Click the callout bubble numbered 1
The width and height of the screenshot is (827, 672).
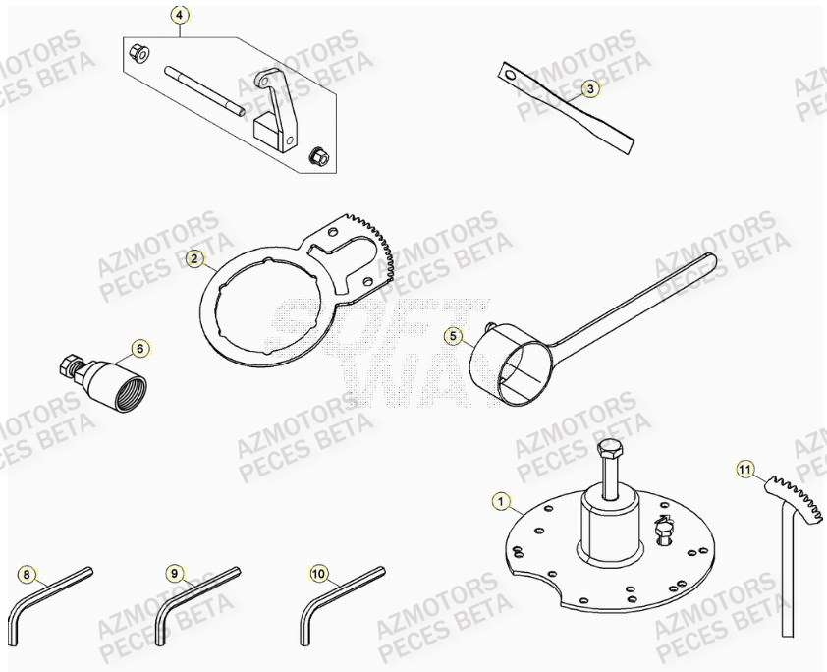pos(502,503)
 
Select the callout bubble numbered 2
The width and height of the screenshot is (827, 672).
pos(195,259)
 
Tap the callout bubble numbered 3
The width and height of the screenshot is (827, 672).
pos(589,89)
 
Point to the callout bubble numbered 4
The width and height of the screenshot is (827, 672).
pos(178,16)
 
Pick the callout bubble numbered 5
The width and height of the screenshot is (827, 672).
pos(453,336)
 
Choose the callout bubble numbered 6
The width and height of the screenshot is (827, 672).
pos(139,348)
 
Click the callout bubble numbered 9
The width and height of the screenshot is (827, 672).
pos(174,573)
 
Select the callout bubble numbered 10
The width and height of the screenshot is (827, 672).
pos(317,573)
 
